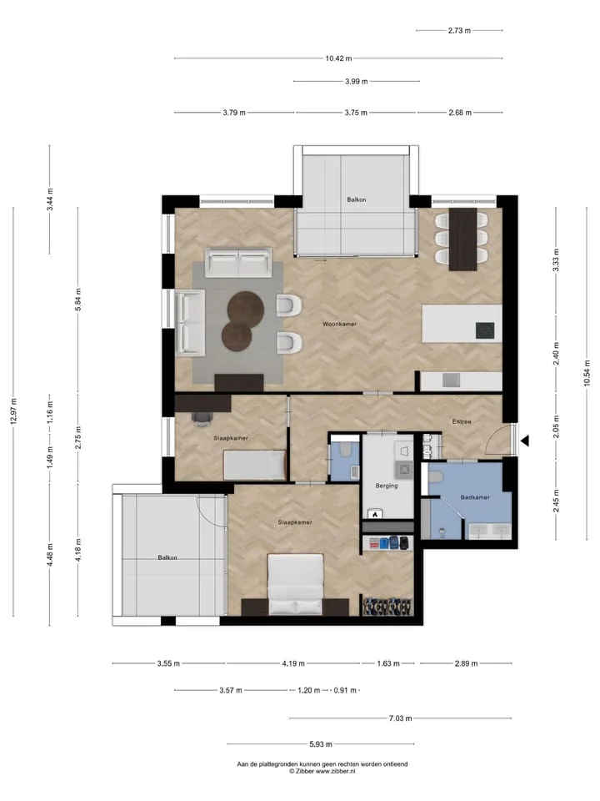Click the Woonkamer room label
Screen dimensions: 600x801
(339, 324)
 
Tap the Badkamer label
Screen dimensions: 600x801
(475, 497)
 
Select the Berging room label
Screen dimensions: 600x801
(386, 486)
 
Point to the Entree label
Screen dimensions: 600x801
(462, 421)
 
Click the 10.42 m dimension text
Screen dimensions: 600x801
(338, 58)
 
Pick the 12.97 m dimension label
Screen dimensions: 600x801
(14, 411)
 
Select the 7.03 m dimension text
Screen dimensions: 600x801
(400, 718)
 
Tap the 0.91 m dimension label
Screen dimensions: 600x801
(345, 690)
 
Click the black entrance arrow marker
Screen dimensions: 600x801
(524, 441)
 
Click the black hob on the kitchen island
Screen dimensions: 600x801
(485, 330)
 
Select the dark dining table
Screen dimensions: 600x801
(462, 239)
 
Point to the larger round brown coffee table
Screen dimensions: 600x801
(245, 308)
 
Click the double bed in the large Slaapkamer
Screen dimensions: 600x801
(295, 584)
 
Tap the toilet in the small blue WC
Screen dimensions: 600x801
(345, 450)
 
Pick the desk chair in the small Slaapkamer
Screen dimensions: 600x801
(202, 418)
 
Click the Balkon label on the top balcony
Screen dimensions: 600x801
(356, 199)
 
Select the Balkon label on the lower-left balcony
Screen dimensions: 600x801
(167, 557)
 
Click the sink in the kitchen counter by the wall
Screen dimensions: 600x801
(451, 380)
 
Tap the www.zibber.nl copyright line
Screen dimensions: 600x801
(322, 771)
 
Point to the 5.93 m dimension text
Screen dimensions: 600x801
(320, 743)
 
